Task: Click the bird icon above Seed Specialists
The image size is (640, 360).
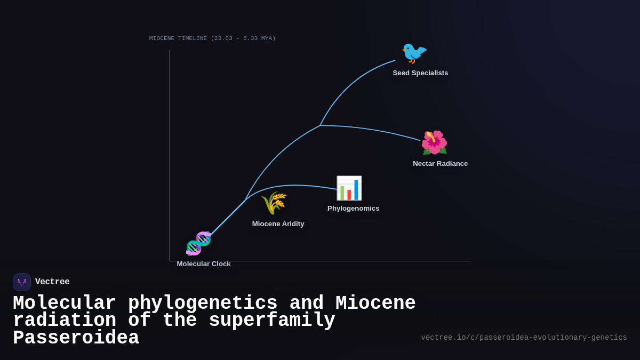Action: (x=414, y=53)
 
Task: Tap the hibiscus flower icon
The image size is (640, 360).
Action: (x=434, y=142)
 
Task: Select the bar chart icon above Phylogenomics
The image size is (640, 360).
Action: (x=349, y=188)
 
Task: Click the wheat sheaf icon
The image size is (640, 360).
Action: (x=274, y=203)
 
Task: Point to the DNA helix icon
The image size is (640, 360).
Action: (x=198, y=243)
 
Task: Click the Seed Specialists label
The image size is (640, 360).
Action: (x=420, y=73)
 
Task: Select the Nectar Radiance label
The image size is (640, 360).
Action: (x=440, y=164)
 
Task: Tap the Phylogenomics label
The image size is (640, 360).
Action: (x=353, y=209)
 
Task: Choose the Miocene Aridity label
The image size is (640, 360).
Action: (x=278, y=224)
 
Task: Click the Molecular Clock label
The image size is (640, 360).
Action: (x=204, y=264)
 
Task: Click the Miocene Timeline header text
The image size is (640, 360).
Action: (x=212, y=38)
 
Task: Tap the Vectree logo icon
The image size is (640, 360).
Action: (x=22, y=282)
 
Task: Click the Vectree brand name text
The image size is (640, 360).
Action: (x=52, y=282)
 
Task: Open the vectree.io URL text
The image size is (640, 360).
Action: (x=524, y=338)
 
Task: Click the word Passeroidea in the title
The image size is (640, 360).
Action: (x=76, y=338)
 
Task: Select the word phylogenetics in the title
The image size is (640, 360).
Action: (x=203, y=303)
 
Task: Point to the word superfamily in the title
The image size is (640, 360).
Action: (x=272, y=321)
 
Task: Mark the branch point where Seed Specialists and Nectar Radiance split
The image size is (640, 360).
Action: (x=320, y=125)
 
